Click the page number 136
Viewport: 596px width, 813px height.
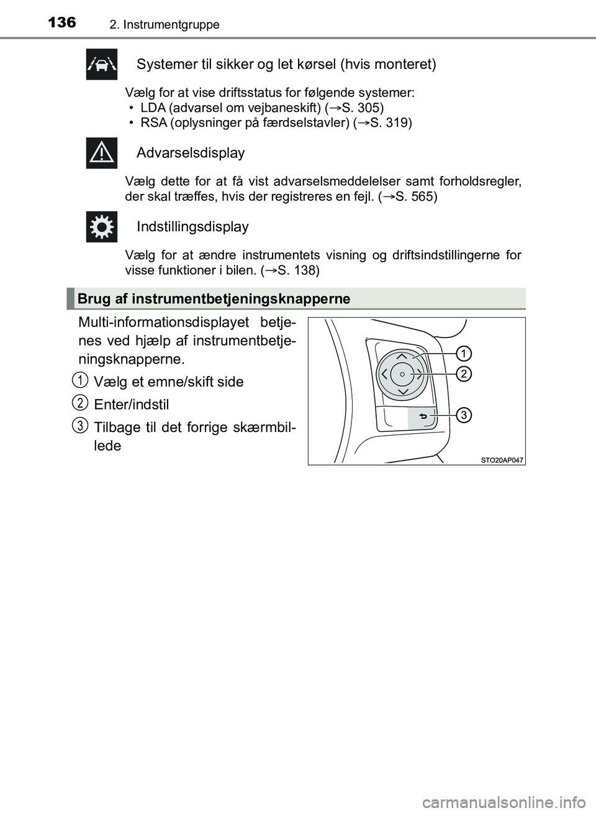click(61, 23)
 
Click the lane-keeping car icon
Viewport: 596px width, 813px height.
click(102, 65)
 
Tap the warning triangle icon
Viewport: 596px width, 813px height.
click(102, 153)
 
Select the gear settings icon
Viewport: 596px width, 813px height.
click(102, 227)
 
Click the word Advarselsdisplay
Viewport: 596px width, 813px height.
click(191, 153)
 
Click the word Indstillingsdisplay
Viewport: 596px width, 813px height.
click(192, 227)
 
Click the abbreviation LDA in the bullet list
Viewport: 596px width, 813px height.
click(152, 108)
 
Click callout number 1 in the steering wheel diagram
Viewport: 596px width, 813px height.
click(463, 354)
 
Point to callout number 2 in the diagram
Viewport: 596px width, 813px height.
click(463, 373)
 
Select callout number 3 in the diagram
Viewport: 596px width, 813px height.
click(463, 415)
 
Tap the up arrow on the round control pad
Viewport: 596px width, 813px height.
click(402, 357)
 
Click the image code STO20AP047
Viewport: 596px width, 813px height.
click(501, 459)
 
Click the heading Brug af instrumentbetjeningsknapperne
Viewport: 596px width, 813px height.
click(214, 299)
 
